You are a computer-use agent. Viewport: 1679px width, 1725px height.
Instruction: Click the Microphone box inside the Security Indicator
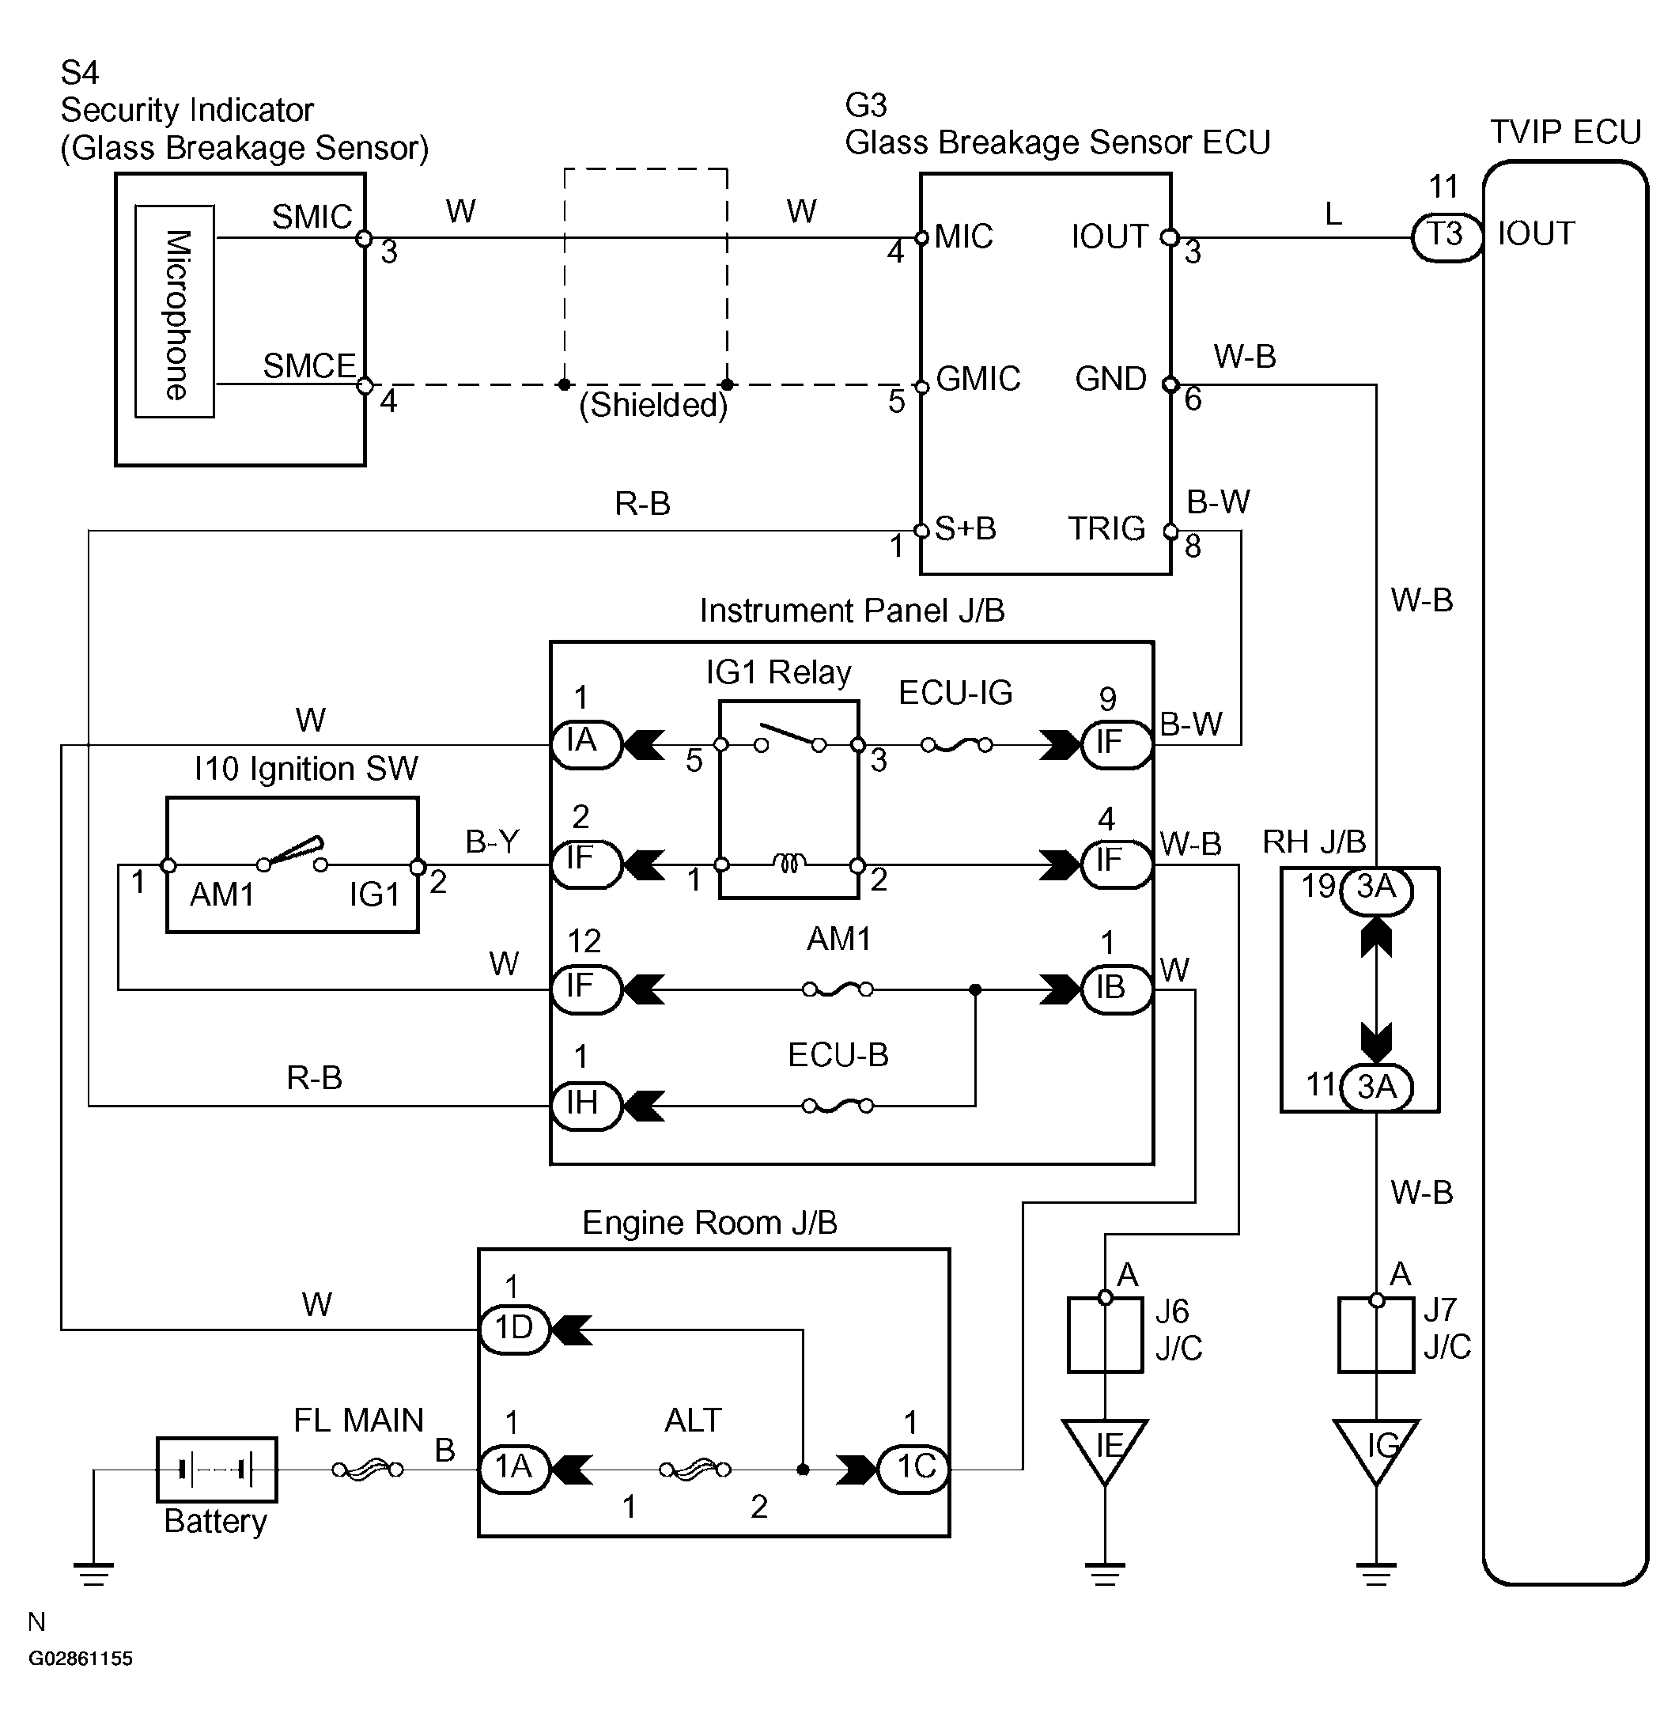coord(175,312)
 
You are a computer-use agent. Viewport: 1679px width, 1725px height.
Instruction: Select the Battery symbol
coord(217,1470)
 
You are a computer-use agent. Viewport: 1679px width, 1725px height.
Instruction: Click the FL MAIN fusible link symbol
coord(368,1470)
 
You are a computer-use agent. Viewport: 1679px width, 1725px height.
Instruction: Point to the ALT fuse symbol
coord(695,1470)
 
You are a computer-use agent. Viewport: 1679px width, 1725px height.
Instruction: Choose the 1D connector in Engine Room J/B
coord(514,1329)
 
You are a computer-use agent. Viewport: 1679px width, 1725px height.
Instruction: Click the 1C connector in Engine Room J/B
coord(914,1470)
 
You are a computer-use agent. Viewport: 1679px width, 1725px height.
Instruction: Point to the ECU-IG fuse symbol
coord(957,745)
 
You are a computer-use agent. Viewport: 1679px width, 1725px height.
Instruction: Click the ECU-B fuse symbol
coord(838,1105)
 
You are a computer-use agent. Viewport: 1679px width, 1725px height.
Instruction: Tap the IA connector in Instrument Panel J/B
coord(586,745)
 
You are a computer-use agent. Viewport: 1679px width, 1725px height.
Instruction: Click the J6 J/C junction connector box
coord(1105,1334)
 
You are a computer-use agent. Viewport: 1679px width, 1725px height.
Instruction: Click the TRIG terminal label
coord(1106,528)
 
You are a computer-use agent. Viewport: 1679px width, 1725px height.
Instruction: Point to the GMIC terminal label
coord(978,378)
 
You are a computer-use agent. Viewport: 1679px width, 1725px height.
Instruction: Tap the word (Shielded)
coord(653,405)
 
